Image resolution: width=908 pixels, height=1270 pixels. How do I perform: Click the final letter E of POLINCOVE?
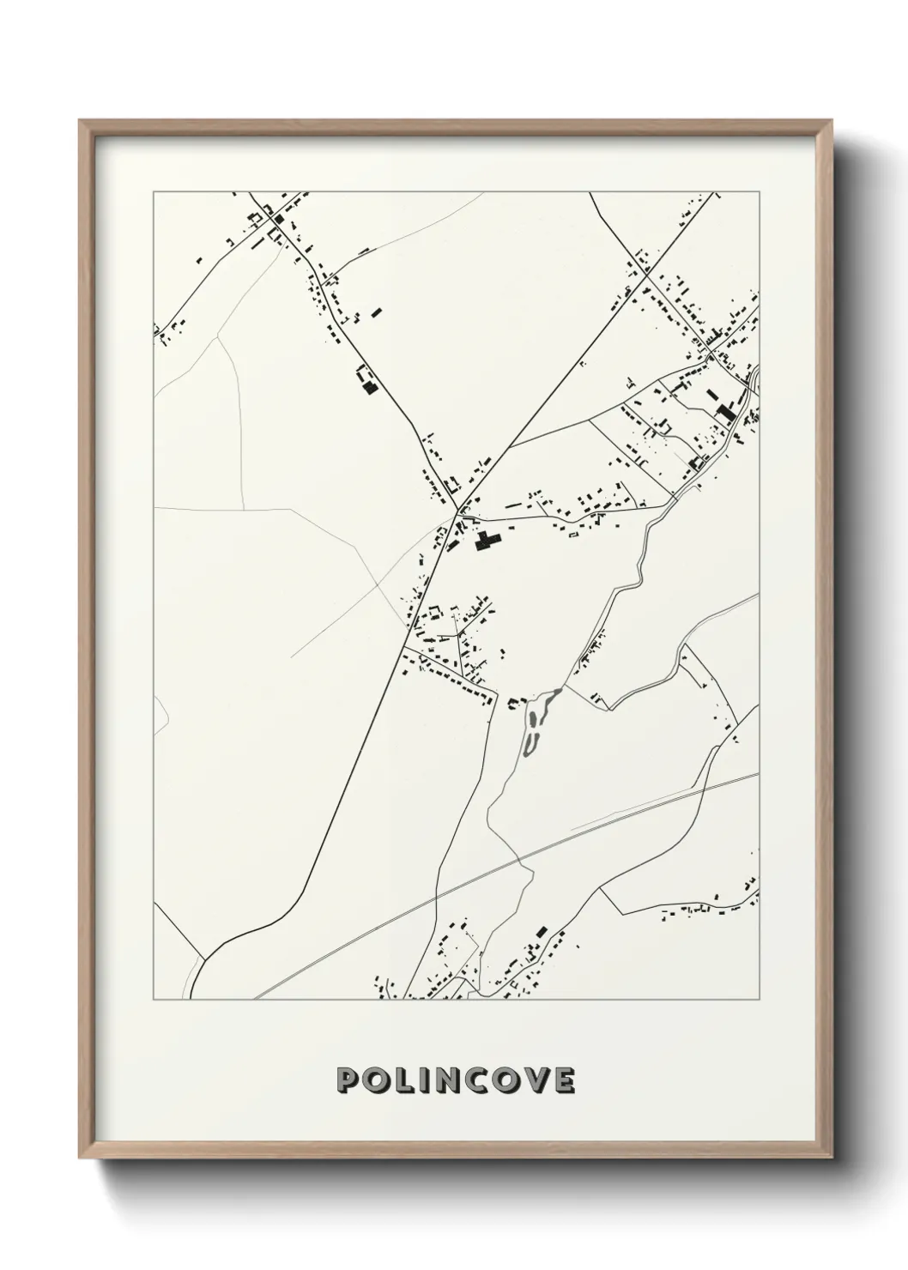pos(565,1080)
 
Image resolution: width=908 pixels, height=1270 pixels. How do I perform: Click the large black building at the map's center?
pos(487,541)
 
